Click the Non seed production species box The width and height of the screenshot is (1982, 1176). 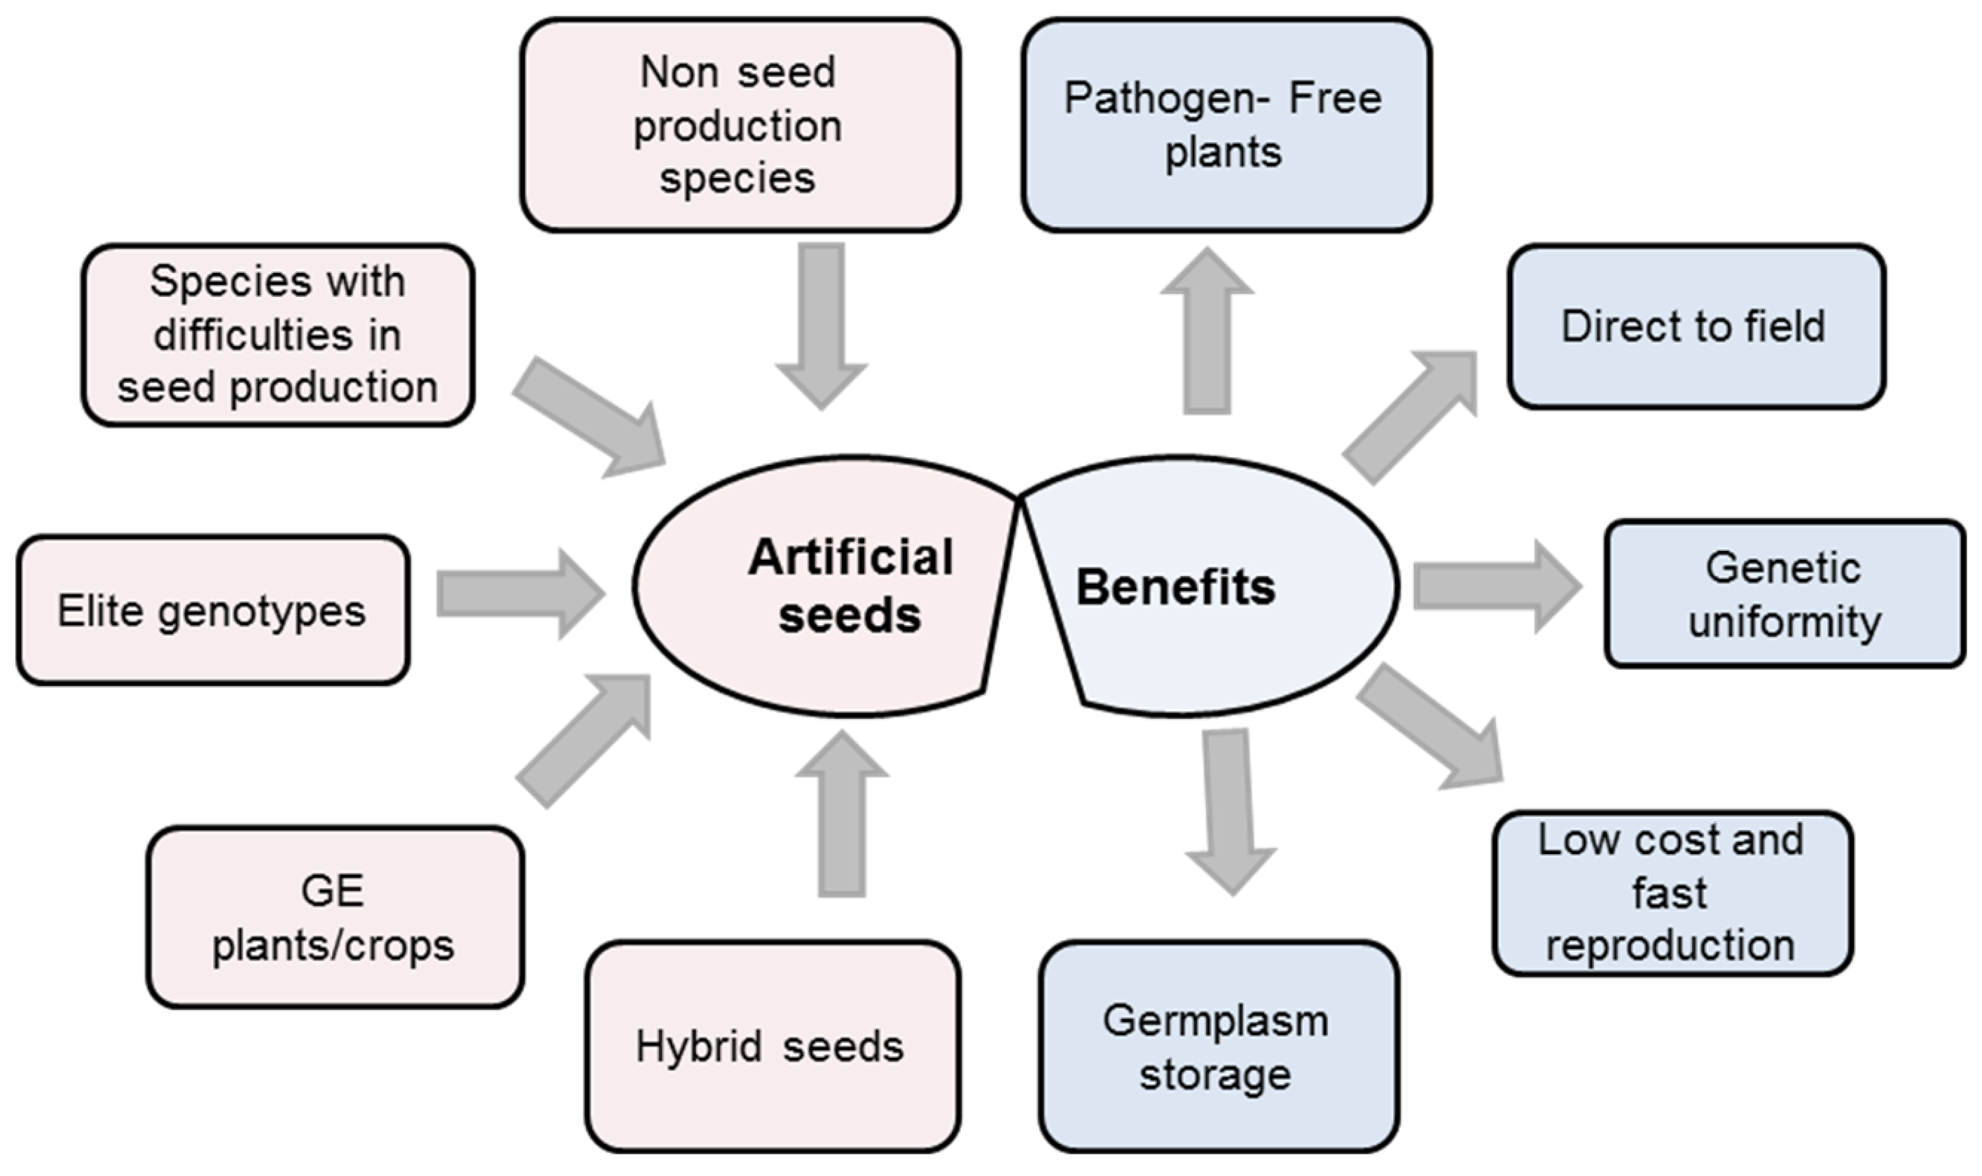740,125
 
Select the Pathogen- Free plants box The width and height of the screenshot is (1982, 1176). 1226,125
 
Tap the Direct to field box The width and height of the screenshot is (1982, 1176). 1696,326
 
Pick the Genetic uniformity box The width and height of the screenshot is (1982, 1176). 1785,594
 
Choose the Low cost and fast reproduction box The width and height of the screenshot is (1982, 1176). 1672,893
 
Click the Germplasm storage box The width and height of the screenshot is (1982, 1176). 1219,1046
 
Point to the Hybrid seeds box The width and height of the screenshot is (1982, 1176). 773,1046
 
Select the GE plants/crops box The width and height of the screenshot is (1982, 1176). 335,917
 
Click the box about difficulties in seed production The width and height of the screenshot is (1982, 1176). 277,335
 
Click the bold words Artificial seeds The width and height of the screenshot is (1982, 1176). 850,587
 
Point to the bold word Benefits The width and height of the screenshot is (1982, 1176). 1176,587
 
